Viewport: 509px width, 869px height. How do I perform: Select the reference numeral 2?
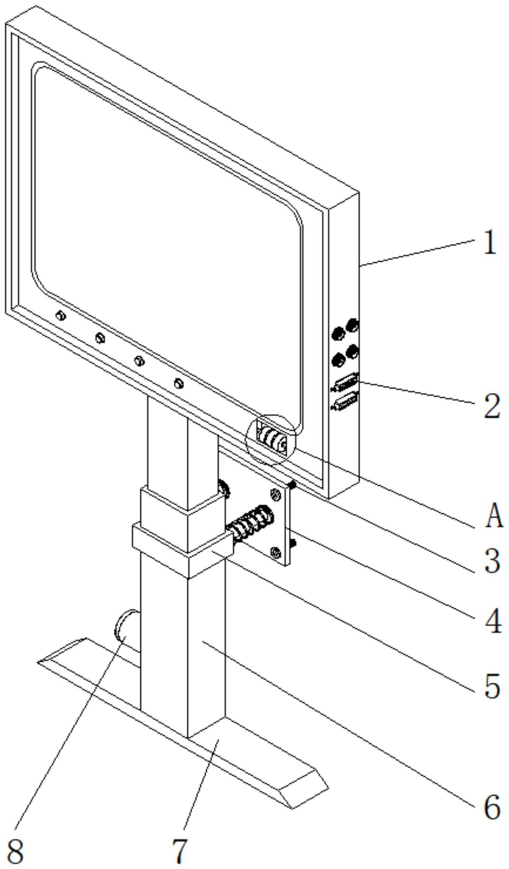click(x=491, y=406)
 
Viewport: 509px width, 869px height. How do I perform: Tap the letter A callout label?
click(x=494, y=516)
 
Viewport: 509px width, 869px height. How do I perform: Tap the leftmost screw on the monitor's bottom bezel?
click(x=60, y=316)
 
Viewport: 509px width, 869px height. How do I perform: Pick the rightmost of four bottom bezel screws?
click(x=179, y=383)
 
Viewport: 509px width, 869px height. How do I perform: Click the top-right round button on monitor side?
click(x=353, y=325)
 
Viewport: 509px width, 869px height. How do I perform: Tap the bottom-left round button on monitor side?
click(x=338, y=360)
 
